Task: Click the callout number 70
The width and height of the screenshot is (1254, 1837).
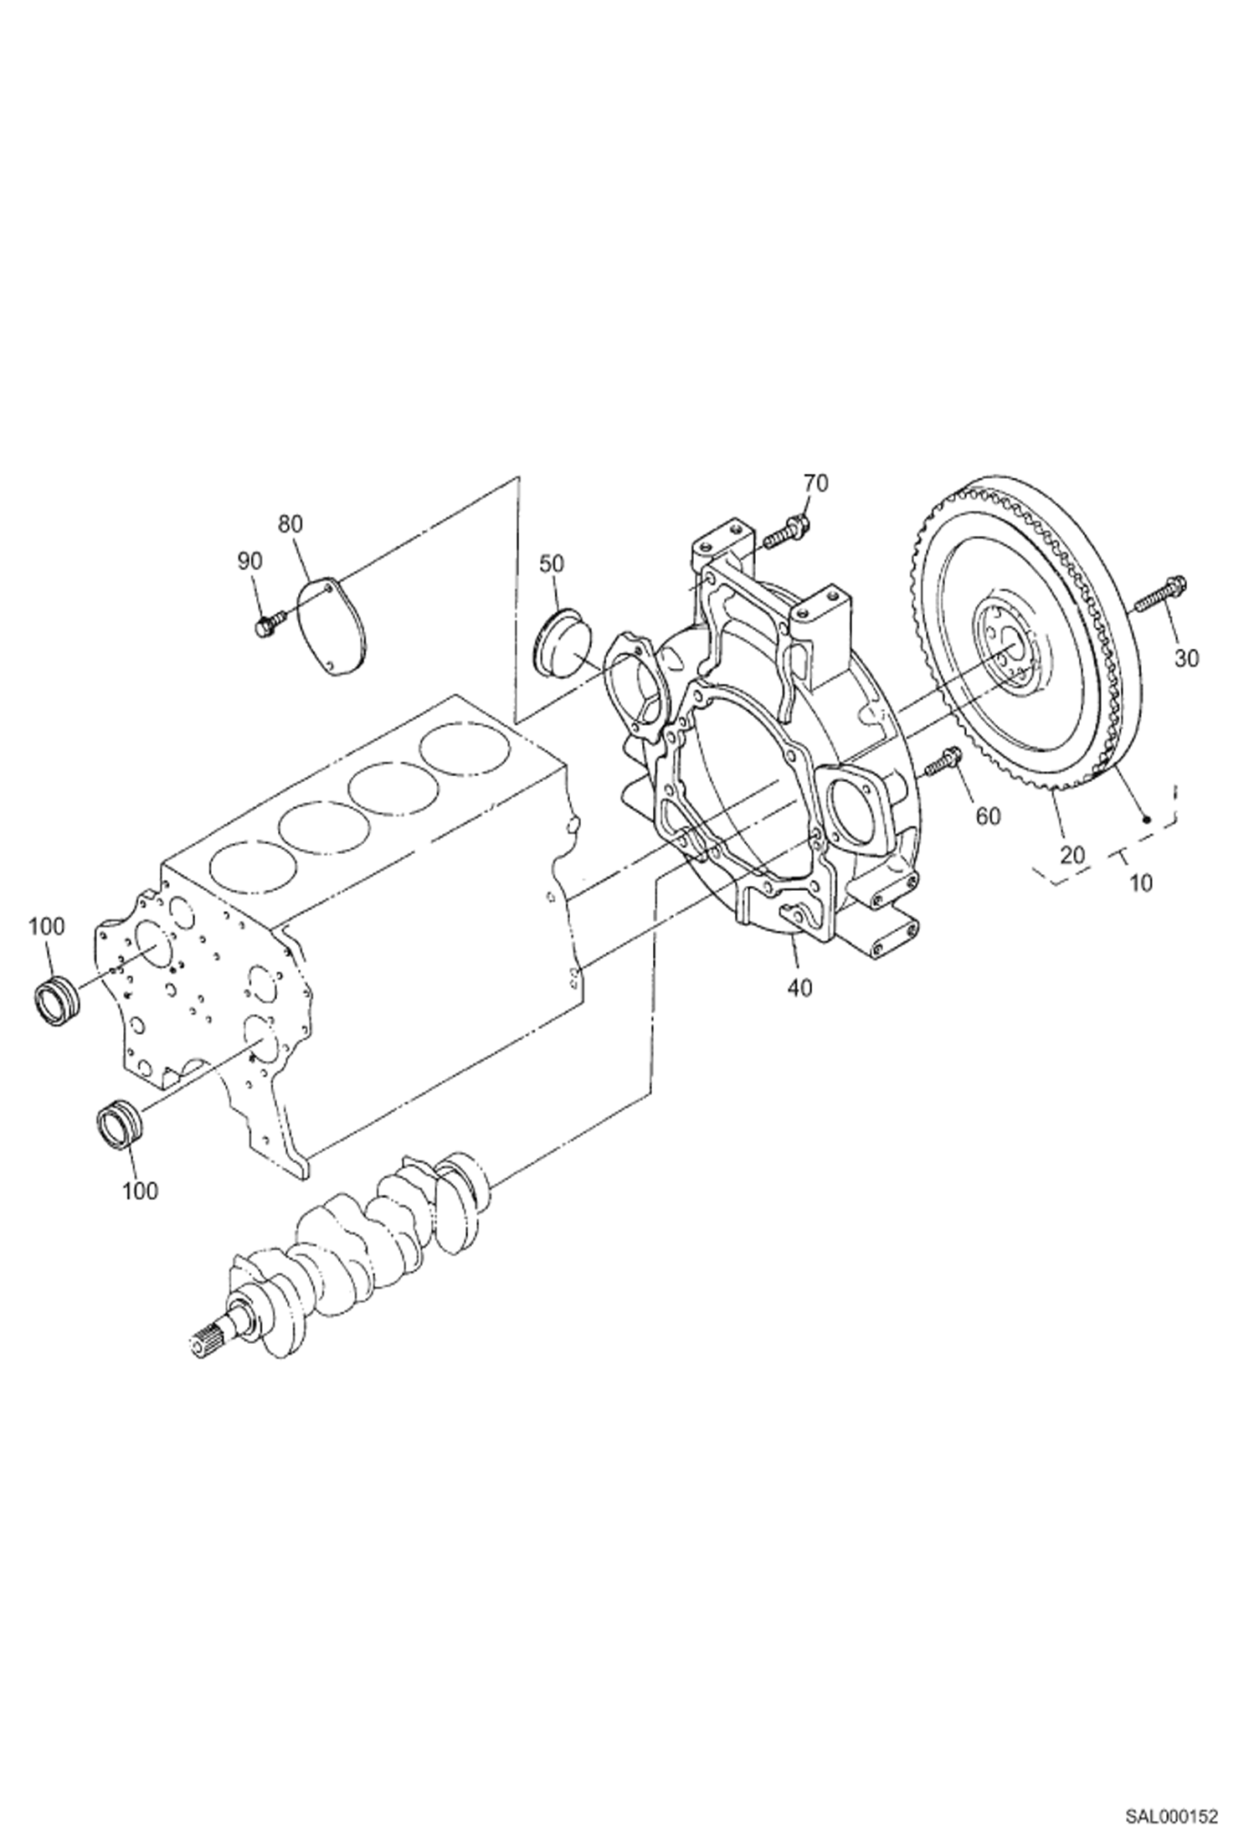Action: click(x=815, y=483)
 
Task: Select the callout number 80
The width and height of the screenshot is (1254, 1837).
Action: click(x=290, y=524)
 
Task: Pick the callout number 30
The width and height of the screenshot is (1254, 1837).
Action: click(x=1185, y=659)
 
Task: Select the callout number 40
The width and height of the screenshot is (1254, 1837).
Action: click(x=799, y=988)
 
